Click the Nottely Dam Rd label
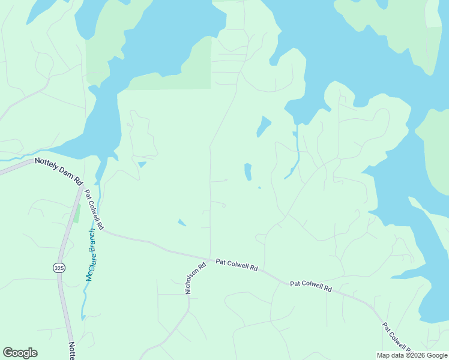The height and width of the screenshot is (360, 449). (59, 170)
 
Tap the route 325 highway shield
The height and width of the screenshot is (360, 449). (59, 267)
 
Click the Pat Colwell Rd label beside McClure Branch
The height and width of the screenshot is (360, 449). (94, 210)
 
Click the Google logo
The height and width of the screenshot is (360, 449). (20, 353)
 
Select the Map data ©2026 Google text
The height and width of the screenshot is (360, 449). (412, 355)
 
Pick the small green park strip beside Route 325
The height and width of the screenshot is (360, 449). (76, 213)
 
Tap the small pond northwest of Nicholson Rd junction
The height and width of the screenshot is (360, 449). (182, 223)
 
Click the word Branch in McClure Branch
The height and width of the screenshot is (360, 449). (94, 239)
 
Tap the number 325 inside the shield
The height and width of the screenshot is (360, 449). (59, 267)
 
